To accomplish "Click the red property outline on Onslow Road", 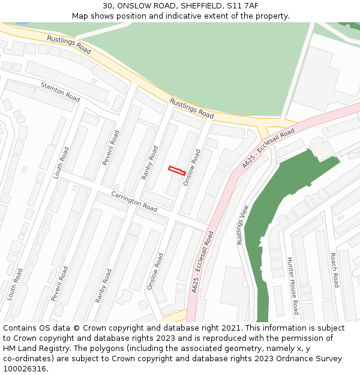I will [176, 170].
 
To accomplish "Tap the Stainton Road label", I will [60, 92].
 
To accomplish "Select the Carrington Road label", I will [134, 201].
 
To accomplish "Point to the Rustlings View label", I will [242, 224].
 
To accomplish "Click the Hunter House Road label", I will [292, 285].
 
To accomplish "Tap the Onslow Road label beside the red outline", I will [191, 167].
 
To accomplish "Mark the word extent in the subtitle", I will [227, 16].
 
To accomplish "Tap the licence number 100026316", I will [25, 369].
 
